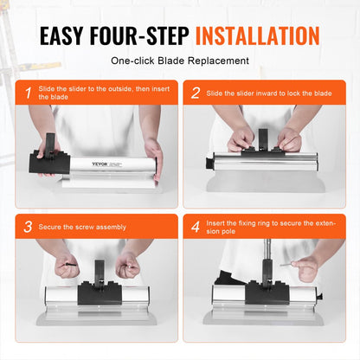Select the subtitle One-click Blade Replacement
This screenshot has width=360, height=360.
pyautogui.click(x=179, y=61)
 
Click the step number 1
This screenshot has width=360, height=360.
pyautogui.click(x=28, y=92)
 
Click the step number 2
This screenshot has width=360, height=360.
pyautogui.click(x=196, y=92)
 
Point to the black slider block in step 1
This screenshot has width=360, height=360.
pyautogui.click(x=56, y=161)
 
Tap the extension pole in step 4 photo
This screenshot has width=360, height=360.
pyautogui.click(x=265, y=260)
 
